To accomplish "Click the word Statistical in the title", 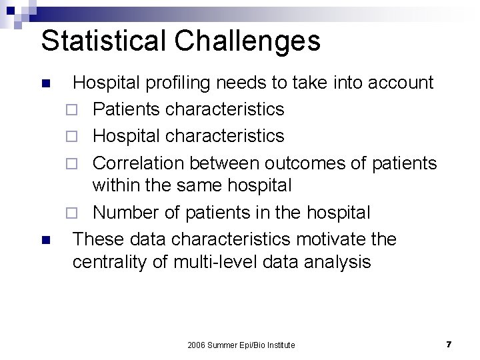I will click(x=100, y=41).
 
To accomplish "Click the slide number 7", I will click(x=449, y=344).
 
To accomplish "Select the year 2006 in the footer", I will click(x=197, y=345).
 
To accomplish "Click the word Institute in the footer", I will click(x=280, y=345).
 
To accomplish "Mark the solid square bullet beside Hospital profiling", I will click(x=45, y=84).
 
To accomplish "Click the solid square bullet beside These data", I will click(x=45, y=239).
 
